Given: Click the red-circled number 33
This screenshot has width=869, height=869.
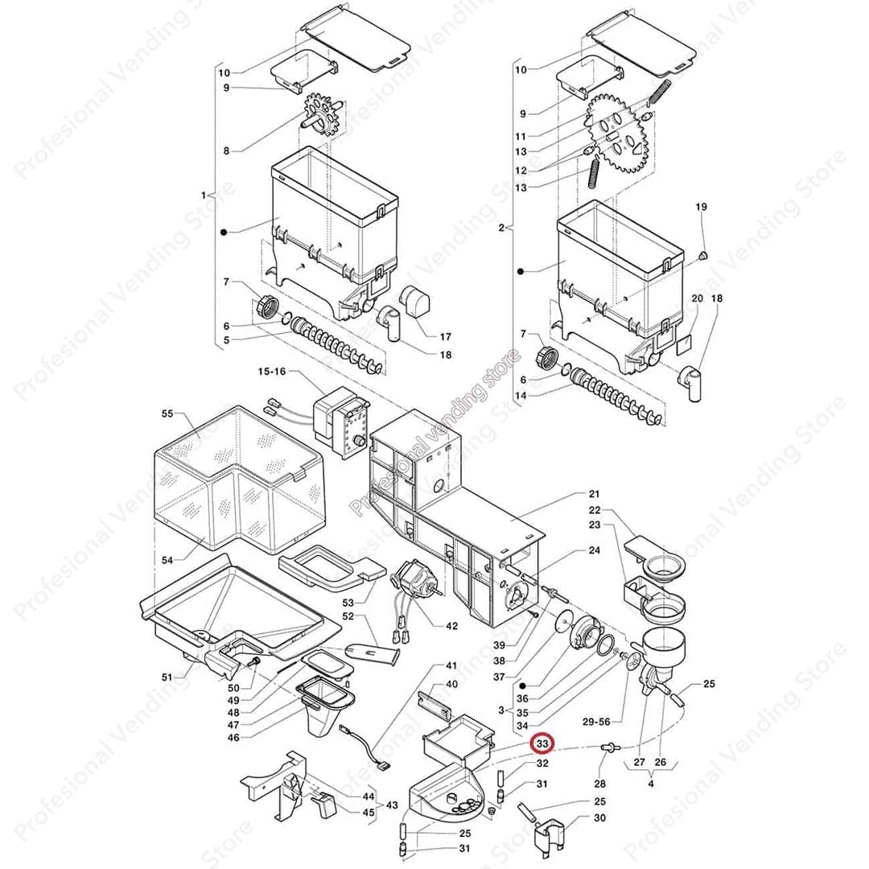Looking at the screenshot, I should tap(543, 744).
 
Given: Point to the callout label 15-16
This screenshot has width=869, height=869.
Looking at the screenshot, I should tap(271, 372).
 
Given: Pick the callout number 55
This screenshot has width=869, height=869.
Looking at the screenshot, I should tap(167, 414).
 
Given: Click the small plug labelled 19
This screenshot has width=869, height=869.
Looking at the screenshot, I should tap(701, 256).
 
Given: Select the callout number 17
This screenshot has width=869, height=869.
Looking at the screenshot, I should tap(444, 336).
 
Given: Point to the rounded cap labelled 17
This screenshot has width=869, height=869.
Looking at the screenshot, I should tap(415, 303).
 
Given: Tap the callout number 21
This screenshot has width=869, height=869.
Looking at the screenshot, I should tap(595, 493).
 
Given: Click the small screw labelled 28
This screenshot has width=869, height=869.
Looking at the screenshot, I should tap(609, 749).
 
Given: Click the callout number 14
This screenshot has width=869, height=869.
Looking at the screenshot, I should tap(521, 396).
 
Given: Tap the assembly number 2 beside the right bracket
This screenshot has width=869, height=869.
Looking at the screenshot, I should tap(500, 228).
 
